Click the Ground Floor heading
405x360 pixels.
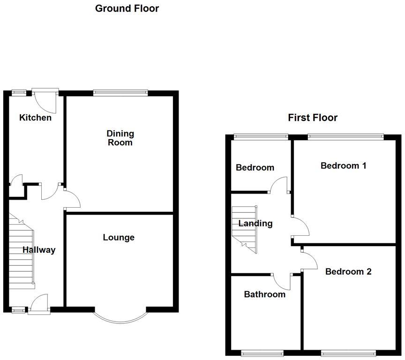pos(127,8)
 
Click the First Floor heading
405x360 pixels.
pos(312,118)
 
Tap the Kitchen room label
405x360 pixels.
pos(35,118)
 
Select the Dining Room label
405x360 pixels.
pos(120,138)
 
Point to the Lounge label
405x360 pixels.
pos(119,238)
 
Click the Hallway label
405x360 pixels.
pos(39,250)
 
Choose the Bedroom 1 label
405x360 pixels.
pos(343,165)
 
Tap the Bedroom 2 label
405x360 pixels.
pos(348,271)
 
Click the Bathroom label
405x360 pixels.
pos(264,294)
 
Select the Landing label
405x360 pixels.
pos(255,224)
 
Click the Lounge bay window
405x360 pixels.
pos(120,318)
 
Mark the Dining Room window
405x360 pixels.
pos(120,93)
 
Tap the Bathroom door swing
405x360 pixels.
pos(281,281)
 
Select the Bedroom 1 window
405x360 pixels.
pos(345,137)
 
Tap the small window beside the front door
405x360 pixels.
pos(19,309)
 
